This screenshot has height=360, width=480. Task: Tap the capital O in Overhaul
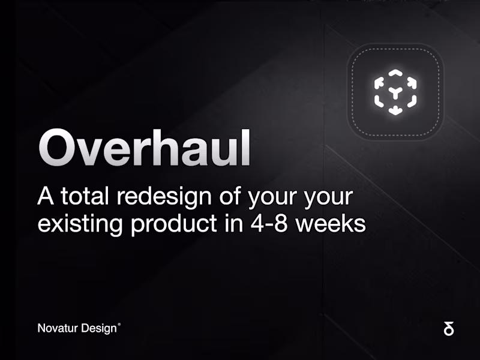(57, 148)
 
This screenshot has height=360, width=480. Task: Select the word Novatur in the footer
(56, 328)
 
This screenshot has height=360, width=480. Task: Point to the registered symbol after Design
(119, 325)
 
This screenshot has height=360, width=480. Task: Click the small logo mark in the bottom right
(448, 328)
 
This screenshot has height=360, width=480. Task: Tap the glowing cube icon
(395, 92)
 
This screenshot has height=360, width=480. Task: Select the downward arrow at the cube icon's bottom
(395, 109)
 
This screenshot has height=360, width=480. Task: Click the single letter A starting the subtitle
(46, 196)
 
